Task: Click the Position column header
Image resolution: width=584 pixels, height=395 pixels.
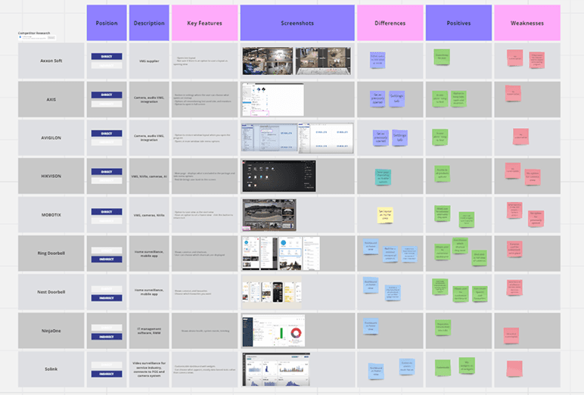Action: point(107,23)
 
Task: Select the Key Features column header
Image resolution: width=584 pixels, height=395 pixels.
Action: point(204,23)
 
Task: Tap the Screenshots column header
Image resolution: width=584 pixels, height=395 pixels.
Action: point(297,23)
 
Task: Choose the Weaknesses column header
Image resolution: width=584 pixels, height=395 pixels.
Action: point(527,23)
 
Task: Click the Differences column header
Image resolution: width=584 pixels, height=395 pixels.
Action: point(390,23)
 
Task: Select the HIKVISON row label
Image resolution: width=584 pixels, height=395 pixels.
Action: point(51,176)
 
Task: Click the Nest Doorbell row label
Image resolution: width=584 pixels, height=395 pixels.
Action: point(51,291)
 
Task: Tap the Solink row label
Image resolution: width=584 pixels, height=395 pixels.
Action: point(51,369)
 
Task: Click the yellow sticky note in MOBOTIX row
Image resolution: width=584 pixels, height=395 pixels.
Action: point(385,215)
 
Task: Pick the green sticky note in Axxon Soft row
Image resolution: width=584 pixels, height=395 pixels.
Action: point(442,57)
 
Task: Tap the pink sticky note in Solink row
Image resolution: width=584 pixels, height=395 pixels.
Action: point(514,369)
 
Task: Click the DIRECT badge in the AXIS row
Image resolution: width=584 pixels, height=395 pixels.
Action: point(107,95)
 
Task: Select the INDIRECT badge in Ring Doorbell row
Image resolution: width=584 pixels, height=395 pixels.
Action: point(107,259)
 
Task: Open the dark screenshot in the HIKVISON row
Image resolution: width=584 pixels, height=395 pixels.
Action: point(278,176)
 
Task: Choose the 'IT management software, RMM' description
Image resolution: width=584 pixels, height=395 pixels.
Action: point(149,331)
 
